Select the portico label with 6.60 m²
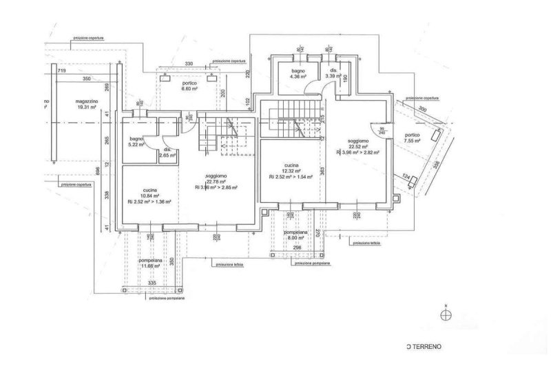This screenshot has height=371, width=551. tap(189, 86)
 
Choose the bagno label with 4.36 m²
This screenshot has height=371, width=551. tap(298, 75)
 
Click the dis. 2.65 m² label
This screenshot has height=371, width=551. tap(167, 153)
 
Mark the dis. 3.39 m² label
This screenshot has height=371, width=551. tap(333, 74)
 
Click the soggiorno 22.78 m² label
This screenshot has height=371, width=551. tap(216, 180)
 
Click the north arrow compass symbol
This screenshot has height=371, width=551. tap(446, 314)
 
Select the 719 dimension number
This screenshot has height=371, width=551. tap(61, 71)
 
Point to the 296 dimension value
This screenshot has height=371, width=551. tap(297, 248)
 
